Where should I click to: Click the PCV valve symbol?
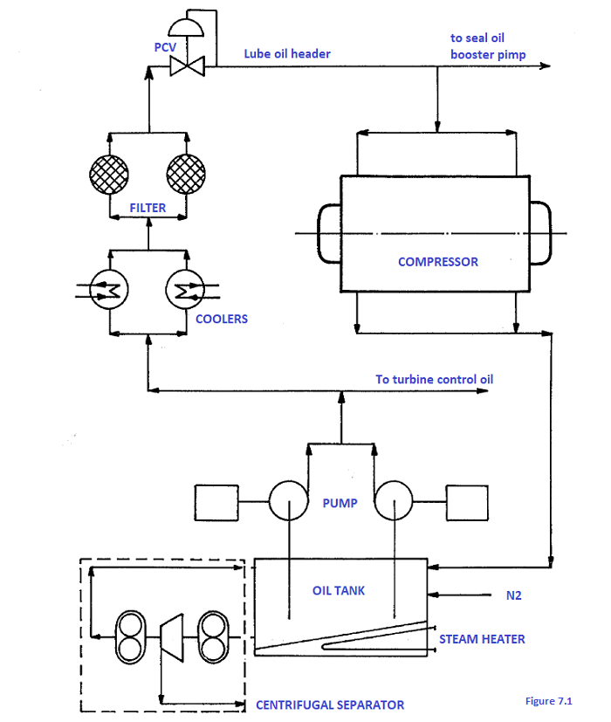(x=187, y=65)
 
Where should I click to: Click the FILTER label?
(x=148, y=209)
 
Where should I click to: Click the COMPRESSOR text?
(x=437, y=261)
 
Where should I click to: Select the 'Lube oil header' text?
(x=287, y=53)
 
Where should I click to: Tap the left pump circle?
(x=289, y=502)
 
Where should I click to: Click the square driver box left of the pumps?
(x=216, y=502)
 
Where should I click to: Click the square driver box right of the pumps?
(x=469, y=502)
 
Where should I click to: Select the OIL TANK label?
(x=339, y=590)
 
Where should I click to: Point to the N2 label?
(x=513, y=597)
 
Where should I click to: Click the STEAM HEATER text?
(x=482, y=639)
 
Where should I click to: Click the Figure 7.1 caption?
(x=548, y=701)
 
